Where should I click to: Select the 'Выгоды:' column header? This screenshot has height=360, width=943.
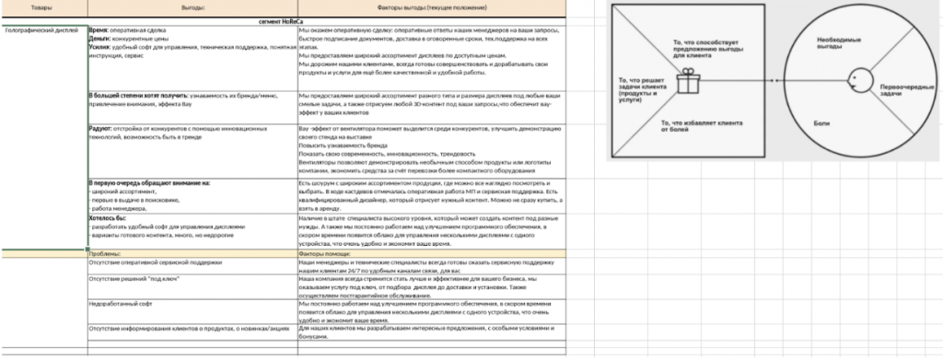pyautogui.click(x=191, y=6)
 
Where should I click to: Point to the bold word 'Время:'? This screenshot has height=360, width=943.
pyautogui.click(x=97, y=30)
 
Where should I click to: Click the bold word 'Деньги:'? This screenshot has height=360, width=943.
pyautogui.click(x=98, y=37)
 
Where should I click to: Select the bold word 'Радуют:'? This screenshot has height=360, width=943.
pyautogui.click(x=99, y=127)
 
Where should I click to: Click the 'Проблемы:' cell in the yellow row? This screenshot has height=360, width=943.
pyautogui.click(x=106, y=252)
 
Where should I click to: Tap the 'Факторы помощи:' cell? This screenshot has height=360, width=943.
pyautogui.click(x=324, y=252)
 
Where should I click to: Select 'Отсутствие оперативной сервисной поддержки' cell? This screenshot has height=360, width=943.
pyautogui.click(x=155, y=262)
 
